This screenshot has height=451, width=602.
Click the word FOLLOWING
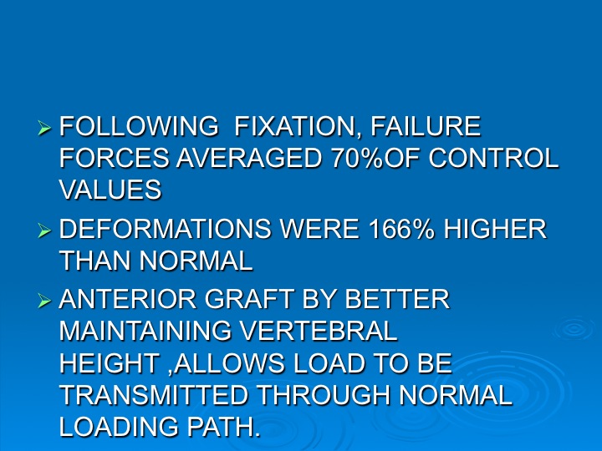point(139,126)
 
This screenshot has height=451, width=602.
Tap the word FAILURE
point(426,126)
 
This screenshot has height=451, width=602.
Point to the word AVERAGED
point(249,158)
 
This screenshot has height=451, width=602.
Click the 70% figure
point(358,158)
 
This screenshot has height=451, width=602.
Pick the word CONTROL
point(493,158)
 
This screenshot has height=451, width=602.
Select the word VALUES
point(110,190)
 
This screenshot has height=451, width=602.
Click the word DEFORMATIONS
point(166,229)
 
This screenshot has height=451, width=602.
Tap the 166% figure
point(401,229)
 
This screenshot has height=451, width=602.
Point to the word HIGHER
point(495,229)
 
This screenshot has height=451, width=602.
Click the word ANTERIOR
point(128,299)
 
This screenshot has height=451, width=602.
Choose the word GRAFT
point(249,299)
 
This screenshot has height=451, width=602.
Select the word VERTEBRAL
point(319,331)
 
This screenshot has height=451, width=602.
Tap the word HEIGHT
point(110,362)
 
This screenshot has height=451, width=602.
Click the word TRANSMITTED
point(154,395)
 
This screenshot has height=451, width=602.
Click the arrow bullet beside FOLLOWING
point(44,128)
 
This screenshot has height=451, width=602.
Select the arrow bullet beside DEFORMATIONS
point(44,231)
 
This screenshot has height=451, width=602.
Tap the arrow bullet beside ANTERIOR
point(44,301)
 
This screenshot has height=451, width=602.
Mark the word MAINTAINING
point(145,331)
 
